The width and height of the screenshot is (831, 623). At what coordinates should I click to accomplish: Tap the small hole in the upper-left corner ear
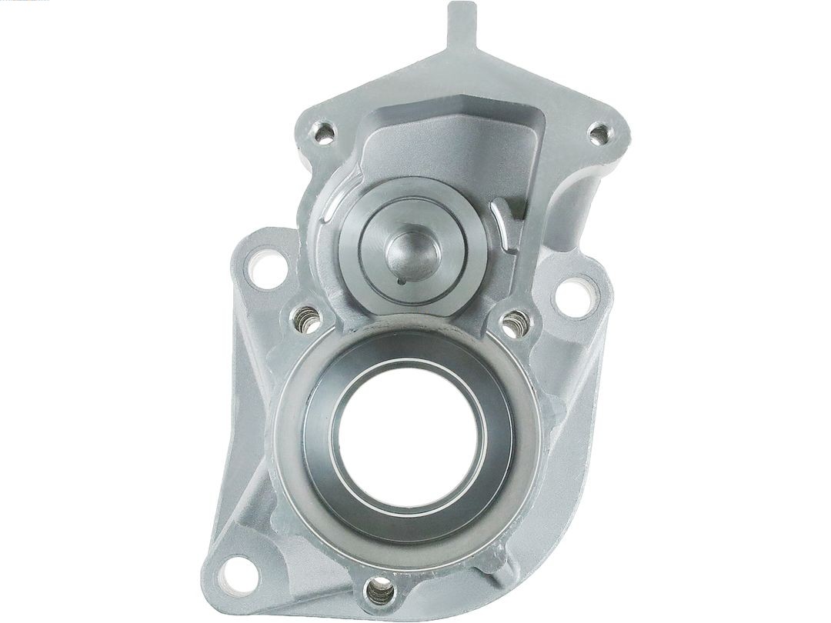click(325, 135)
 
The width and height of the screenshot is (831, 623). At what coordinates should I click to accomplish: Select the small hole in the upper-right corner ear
click(599, 135)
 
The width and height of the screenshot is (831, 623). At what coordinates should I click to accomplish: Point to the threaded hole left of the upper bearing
click(307, 319)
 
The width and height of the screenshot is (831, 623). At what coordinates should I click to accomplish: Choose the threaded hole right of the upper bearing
click(514, 323)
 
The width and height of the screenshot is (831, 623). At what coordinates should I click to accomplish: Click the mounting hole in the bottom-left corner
click(239, 573)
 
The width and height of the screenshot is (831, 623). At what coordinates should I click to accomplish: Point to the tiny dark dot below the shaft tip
click(402, 281)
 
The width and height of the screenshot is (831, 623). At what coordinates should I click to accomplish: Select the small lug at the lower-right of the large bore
click(500, 565)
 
